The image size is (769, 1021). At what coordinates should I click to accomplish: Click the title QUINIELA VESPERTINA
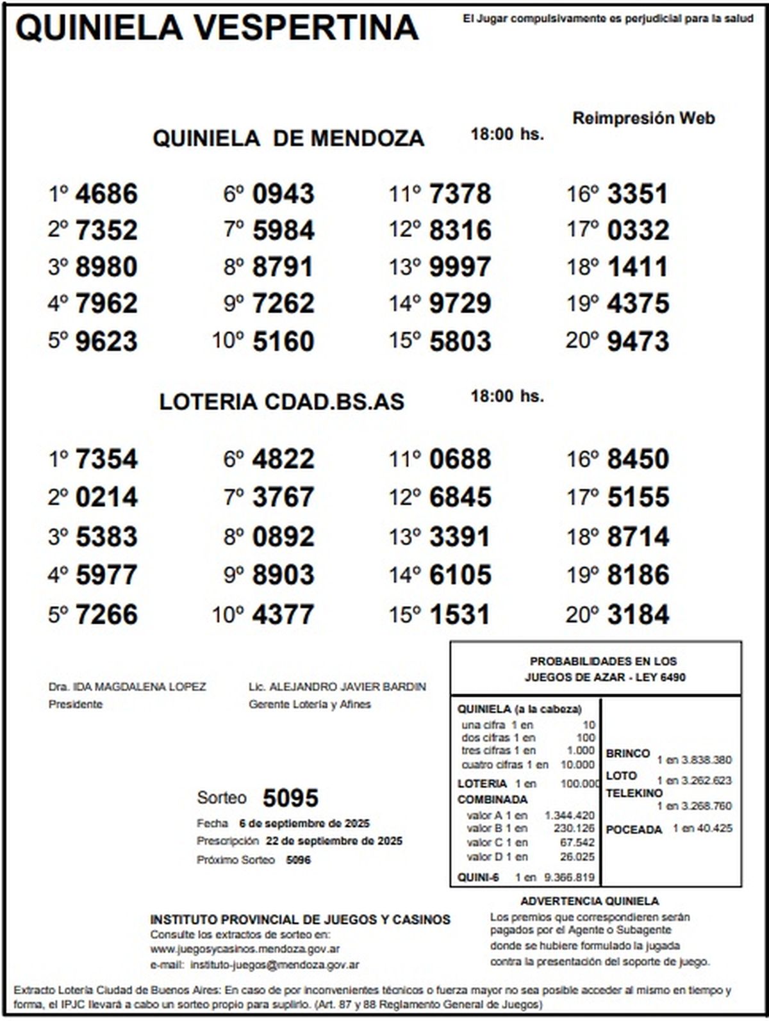tap(217, 28)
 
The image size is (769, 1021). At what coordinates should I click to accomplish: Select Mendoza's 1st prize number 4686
tap(106, 194)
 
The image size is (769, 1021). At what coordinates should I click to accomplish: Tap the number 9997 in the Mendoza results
tap(460, 267)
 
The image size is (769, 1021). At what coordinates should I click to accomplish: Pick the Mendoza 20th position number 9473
tap(638, 341)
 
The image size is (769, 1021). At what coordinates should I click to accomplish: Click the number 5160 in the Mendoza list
tap(283, 341)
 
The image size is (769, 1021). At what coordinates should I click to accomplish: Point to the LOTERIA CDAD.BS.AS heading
tap(282, 402)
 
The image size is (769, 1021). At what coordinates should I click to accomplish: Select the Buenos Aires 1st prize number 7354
tap(106, 459)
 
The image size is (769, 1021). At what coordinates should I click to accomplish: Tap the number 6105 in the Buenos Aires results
tap(460, 575)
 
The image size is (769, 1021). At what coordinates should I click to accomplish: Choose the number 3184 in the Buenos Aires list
tap(638, 614)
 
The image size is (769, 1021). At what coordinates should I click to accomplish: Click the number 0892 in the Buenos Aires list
tap(283, 537)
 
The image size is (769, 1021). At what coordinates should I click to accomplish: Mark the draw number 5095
tap(290, 798)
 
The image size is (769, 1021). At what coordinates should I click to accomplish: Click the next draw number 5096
tap(298, 860)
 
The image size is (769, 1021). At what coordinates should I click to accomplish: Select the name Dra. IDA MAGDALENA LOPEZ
tap(128, 687)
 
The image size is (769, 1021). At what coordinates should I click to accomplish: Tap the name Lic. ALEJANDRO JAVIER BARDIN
tap(337, 687)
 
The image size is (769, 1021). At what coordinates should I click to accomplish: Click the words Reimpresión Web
tap(643, 118)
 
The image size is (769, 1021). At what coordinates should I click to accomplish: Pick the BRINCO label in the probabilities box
tap(628, 753)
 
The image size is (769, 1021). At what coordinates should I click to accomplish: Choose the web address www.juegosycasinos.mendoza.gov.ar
tap(245, 949)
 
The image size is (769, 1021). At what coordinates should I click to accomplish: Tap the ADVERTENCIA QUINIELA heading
tap(590, 901)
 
